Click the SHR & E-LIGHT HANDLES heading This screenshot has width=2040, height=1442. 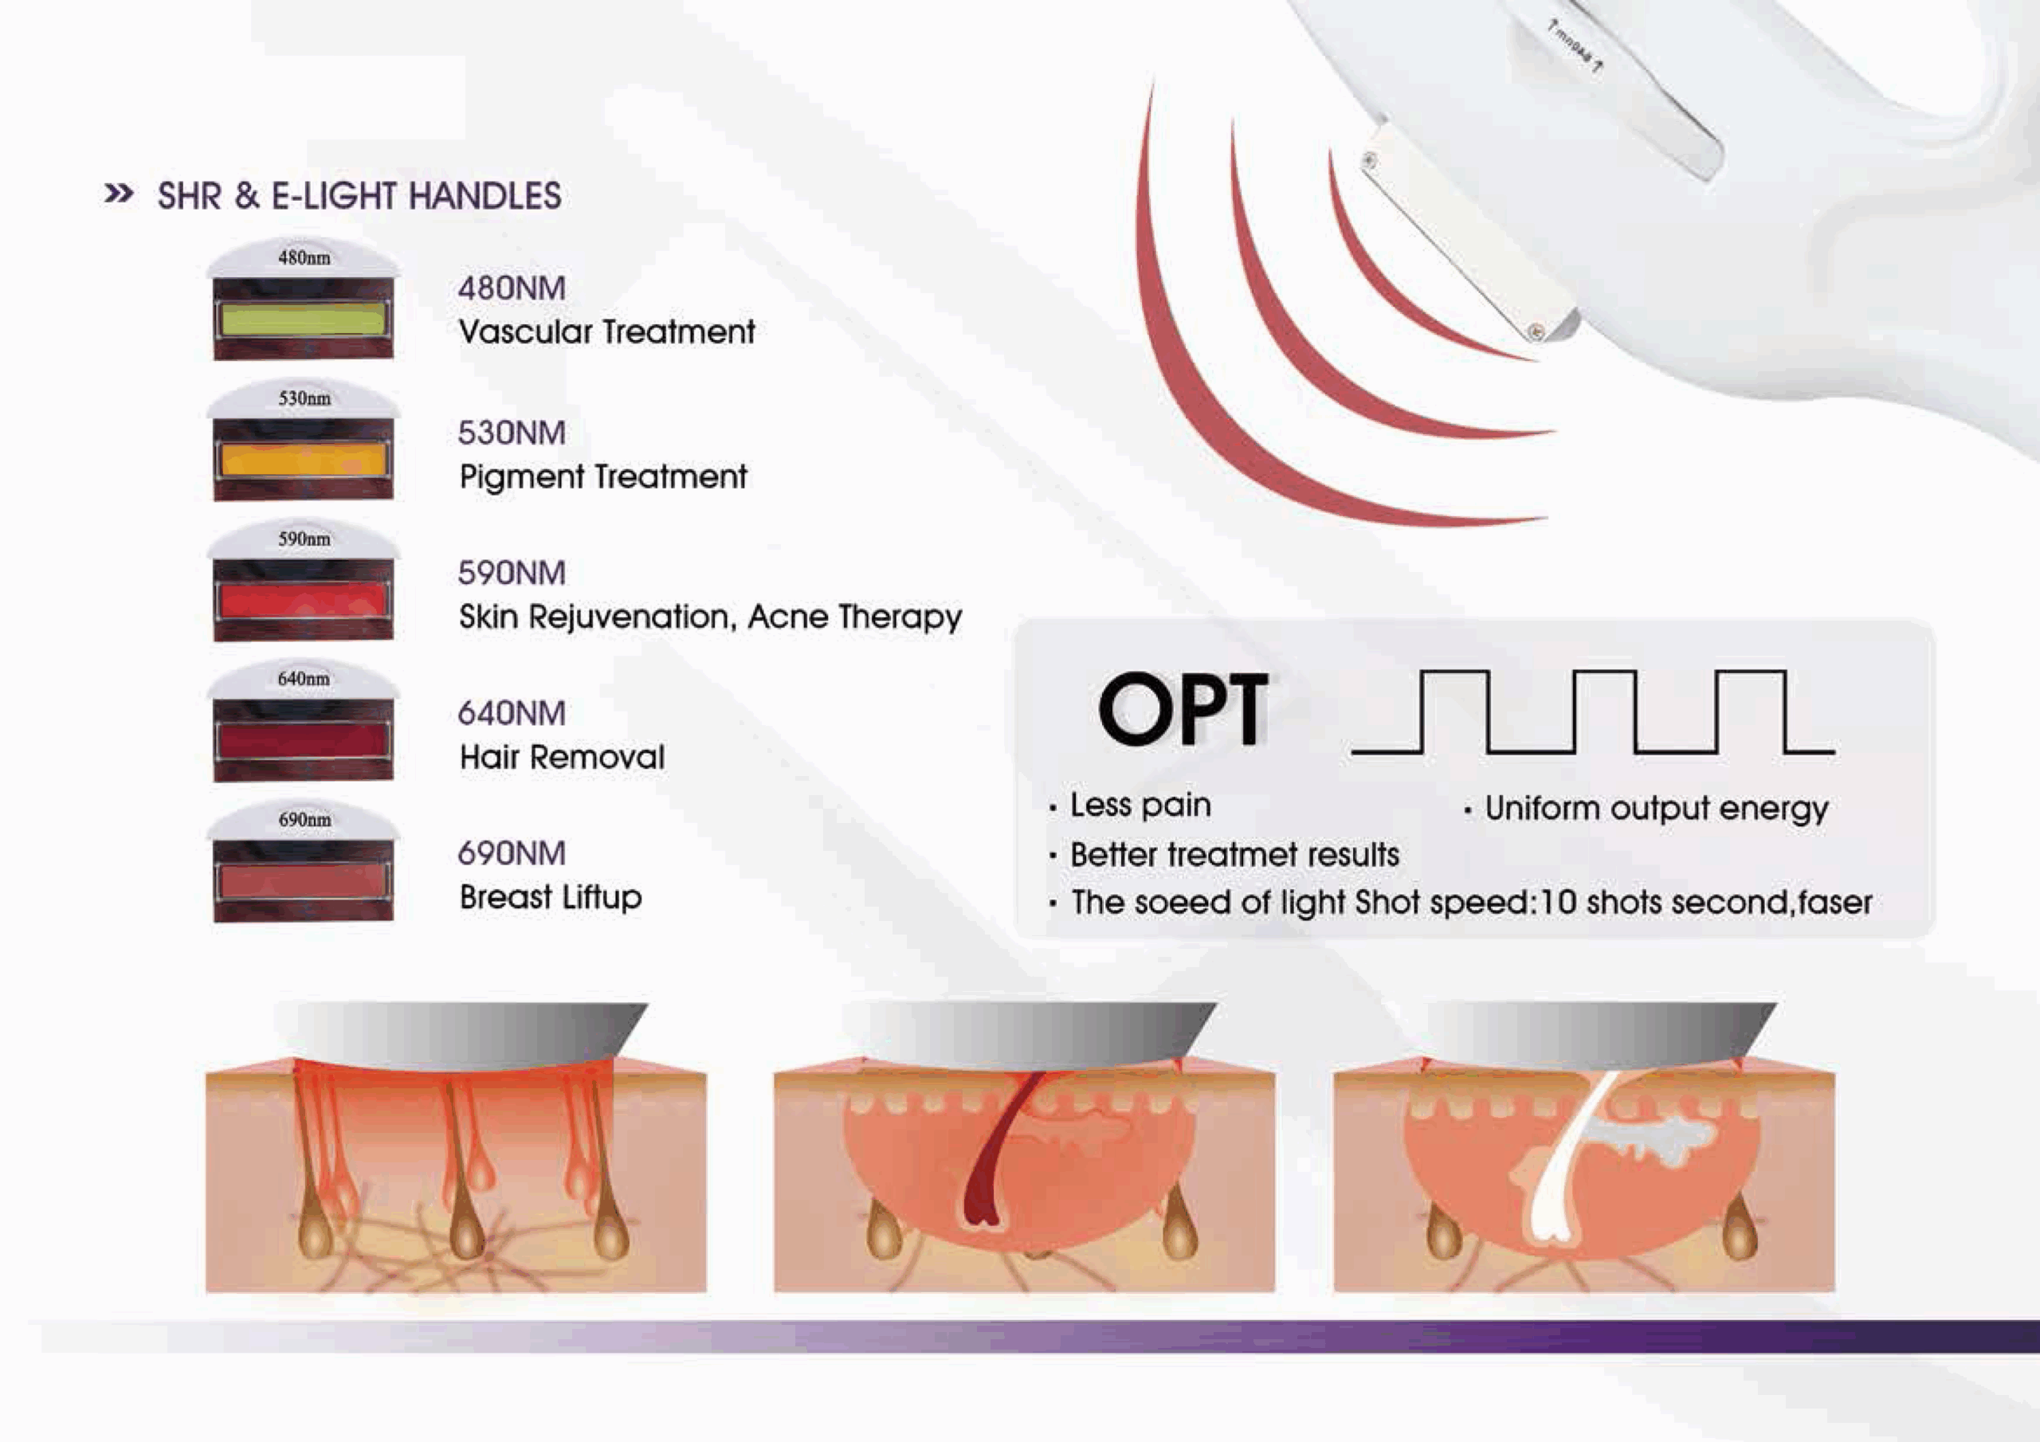point(359,196)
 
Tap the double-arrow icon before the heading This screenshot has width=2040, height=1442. point(119,193)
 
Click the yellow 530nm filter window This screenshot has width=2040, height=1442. point(303,460)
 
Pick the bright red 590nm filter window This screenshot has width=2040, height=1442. point(303,600)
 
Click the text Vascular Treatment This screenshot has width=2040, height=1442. point(607,332)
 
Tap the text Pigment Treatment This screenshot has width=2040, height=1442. point(603,477)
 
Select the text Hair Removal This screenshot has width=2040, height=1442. point(562,757)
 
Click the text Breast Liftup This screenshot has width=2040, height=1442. point(551,897)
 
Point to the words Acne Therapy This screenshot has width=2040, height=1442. point(855,617)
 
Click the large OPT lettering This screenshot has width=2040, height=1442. point(1183,708)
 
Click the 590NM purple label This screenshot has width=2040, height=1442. point(512,573)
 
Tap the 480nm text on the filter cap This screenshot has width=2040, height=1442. point(304,257)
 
